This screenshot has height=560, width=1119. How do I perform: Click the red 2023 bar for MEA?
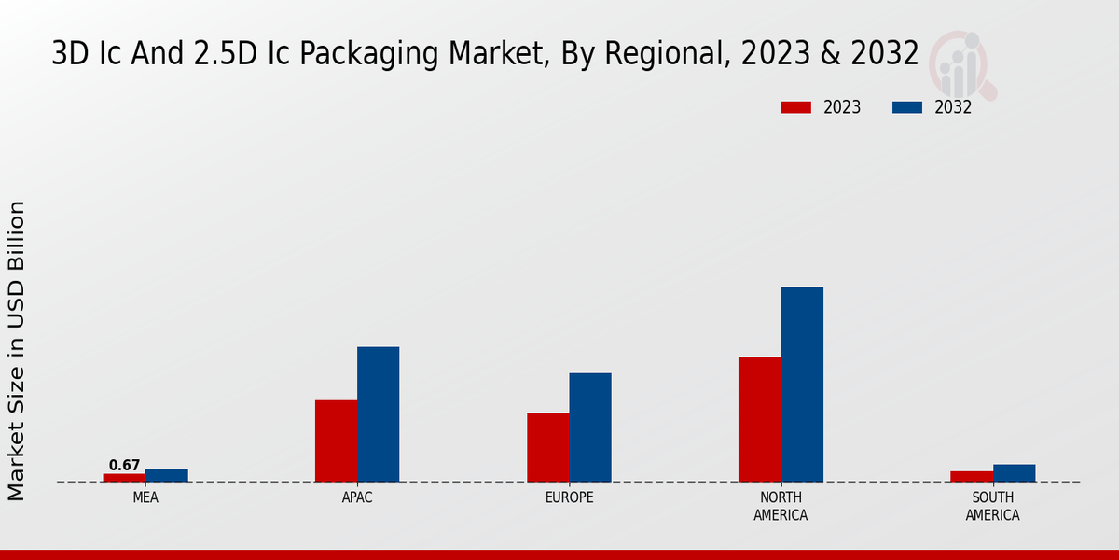tap(124, 478)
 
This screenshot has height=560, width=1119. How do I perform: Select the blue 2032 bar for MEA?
tap(166, 475)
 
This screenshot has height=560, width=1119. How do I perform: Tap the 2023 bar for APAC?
tap(336, 441)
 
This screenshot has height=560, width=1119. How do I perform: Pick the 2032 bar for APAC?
tap(378, 414)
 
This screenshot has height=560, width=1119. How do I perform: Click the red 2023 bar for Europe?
tap(547, 447)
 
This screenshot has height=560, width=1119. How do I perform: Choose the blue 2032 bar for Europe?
tap(590, 427)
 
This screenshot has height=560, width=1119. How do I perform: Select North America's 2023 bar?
tap(759, 419)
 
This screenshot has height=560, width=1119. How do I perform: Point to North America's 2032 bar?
tap(802, 384)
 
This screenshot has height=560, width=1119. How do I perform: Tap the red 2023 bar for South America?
tap(972, 476)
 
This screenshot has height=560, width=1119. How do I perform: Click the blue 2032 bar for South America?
tap(1014, 473)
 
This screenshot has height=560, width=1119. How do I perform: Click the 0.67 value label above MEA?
tap(124, 465)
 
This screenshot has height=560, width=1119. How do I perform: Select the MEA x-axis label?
tap(145, 497)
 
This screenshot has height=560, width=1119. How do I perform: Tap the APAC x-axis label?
tap(357, 497)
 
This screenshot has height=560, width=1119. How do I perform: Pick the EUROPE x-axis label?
tap(569, 497)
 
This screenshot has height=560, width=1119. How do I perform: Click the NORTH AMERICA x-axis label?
tap(781, 506)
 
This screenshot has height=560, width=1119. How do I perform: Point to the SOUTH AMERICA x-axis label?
tap(992, 506)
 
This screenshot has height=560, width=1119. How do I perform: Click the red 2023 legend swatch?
tap(796, 107)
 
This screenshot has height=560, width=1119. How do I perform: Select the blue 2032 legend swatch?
tap(907, 107)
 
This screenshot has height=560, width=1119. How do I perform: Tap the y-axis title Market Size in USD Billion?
tap(17, 350)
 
